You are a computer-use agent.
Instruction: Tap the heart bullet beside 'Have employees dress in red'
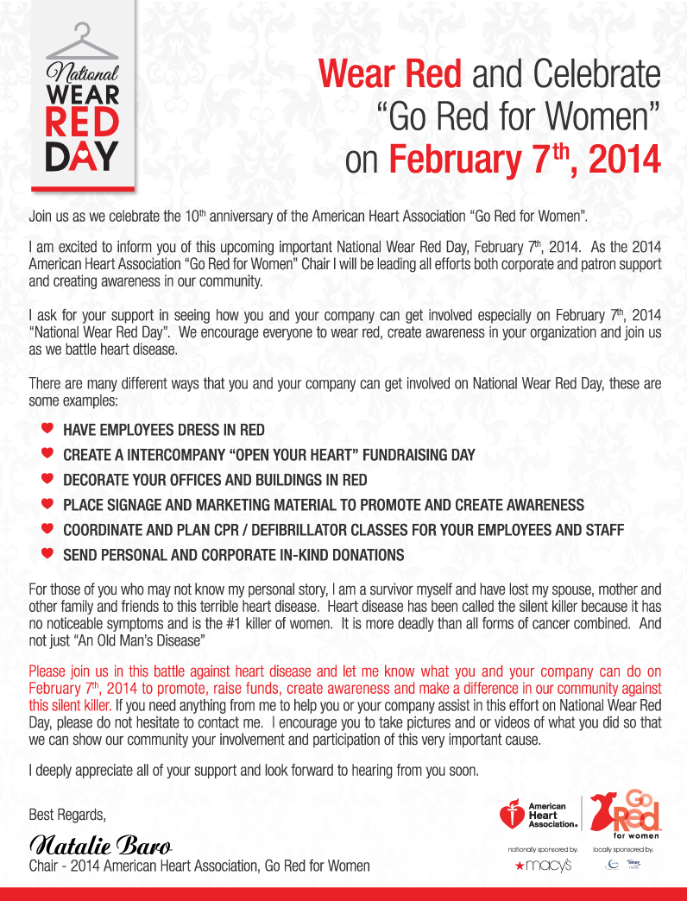coord(47,429)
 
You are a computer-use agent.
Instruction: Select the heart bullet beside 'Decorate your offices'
coord(47,479)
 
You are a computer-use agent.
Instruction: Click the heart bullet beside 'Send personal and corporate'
coord(47,554)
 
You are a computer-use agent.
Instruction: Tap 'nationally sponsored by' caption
coord(543,849)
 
